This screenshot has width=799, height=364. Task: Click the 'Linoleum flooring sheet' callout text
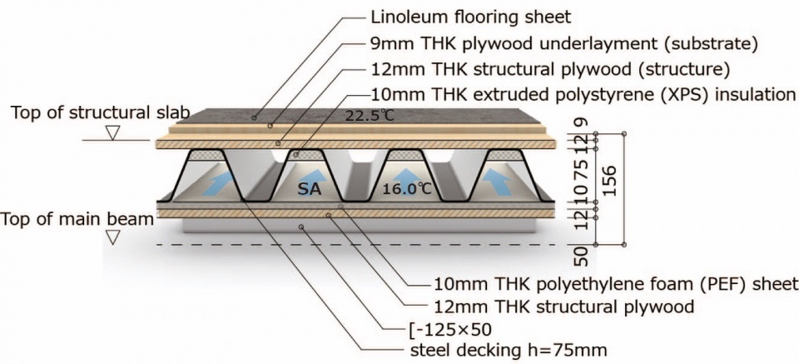(471, 17)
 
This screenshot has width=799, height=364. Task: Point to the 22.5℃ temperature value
(370, 117)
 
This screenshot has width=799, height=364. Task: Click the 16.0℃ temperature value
(407, 189)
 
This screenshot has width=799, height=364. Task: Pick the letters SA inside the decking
(310, 190)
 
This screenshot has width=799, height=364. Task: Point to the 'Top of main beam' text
(77, 219)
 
